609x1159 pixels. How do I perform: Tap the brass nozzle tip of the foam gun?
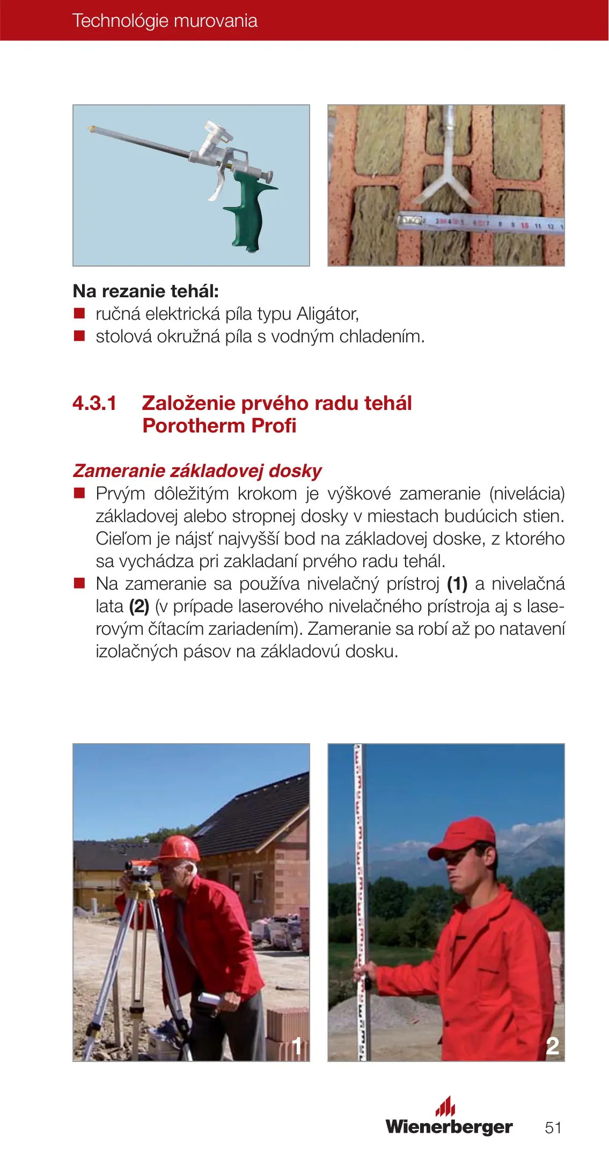(91, 128)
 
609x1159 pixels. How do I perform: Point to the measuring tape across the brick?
(480, 222)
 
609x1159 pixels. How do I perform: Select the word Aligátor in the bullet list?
(327, 314)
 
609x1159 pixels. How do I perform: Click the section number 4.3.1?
(94, 403)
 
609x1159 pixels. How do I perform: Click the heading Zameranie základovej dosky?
(197, 471)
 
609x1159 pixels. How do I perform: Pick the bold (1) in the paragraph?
(457, 583)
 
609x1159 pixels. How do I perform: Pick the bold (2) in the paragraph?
(139, 606)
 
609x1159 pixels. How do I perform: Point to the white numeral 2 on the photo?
(552, 1046)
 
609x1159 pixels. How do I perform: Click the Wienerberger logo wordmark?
(449, 1126)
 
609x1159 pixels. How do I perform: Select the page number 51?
(553, 1127)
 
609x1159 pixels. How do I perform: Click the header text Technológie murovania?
(165, 21)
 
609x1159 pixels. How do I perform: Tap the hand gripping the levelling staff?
(367, 970)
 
